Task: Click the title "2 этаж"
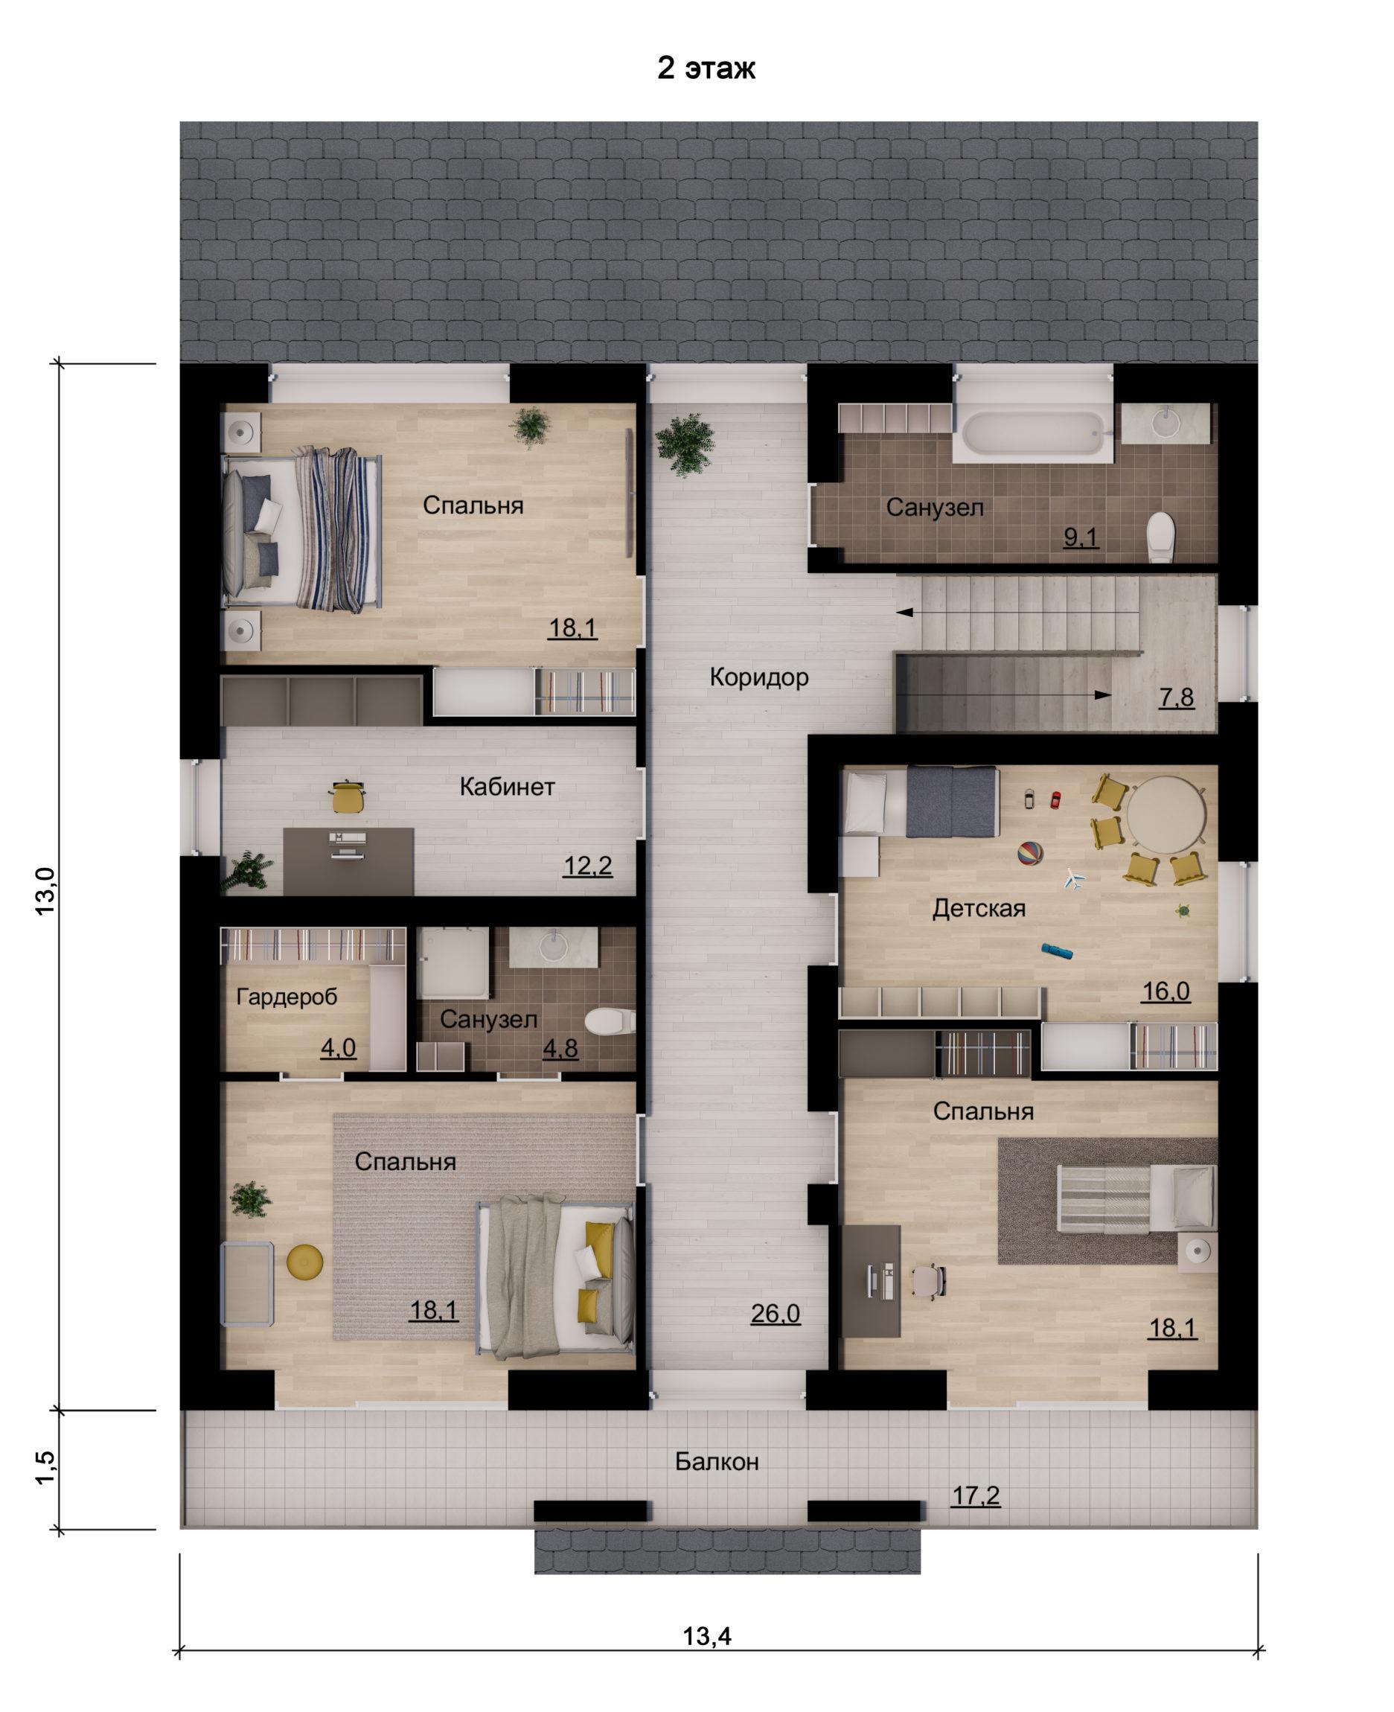click(706, 68)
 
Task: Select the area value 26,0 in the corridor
click(775, 1314)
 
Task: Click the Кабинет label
click(507, 786)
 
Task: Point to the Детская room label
click(979, 908)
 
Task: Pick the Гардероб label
click(287, 997)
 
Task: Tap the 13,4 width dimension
click(706, 1629)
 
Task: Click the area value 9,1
click(1080, 538)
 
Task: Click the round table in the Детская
click(1166, 814)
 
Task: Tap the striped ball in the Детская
click(1030, 853)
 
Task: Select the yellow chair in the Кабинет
click(348, 795)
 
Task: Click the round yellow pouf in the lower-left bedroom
click(305, 1261)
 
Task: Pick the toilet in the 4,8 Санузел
click(610, 1021)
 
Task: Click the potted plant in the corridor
click(684, 444)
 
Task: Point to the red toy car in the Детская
click(1055, 799)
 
